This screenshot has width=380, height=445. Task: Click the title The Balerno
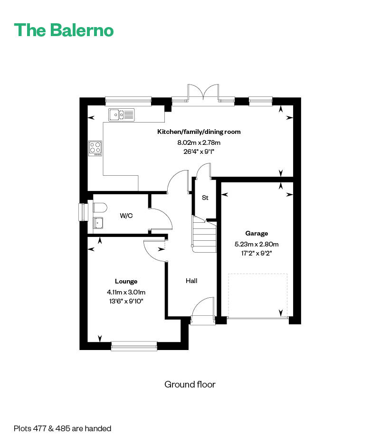click(64, 30)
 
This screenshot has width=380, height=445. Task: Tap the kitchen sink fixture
click(122, 115)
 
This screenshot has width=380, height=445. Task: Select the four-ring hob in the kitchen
click(95, 149)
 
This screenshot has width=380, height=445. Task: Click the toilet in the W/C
click(100, 208)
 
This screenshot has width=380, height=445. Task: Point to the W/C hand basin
click(98, 223)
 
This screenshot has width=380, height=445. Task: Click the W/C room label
click(126, 216)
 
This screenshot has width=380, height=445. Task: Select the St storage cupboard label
click(205, 198)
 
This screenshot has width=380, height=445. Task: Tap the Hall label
click(191, 281)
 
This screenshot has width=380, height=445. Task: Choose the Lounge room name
click(126, 281)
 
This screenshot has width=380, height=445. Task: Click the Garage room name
click(256, 233)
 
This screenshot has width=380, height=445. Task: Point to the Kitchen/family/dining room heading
click(199, 132)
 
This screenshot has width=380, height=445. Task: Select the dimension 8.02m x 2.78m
click(199, 142)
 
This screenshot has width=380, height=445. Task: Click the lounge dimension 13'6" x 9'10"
click(126, 301)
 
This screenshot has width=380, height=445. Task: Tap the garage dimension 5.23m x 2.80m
click(256, 244)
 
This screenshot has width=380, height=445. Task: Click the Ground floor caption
click(190, 384)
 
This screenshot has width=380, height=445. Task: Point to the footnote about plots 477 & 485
click(62, 428)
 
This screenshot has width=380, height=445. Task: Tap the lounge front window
click(134, 346)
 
